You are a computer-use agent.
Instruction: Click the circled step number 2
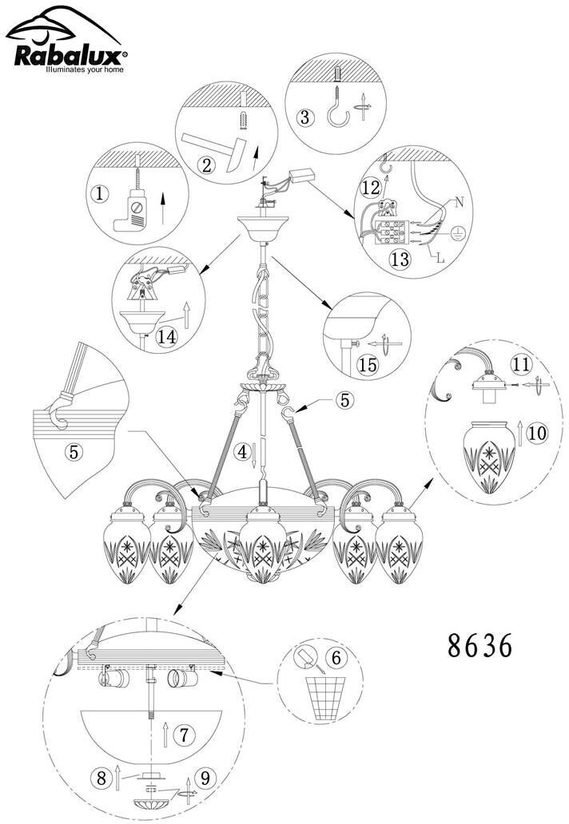tap(208, 165)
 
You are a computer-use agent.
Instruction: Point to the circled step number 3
tap(304, 117)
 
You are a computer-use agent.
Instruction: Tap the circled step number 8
tap(101, 775)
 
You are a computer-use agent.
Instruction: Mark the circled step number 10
tap(537, 433)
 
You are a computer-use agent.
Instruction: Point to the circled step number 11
tap(520, 365)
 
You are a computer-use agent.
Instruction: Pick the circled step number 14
tap(167, 336)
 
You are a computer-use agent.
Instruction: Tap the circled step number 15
tap(368, 365)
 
